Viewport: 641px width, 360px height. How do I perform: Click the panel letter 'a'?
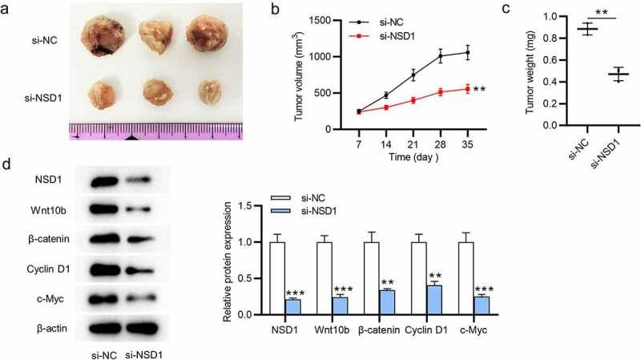[8, 10]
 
